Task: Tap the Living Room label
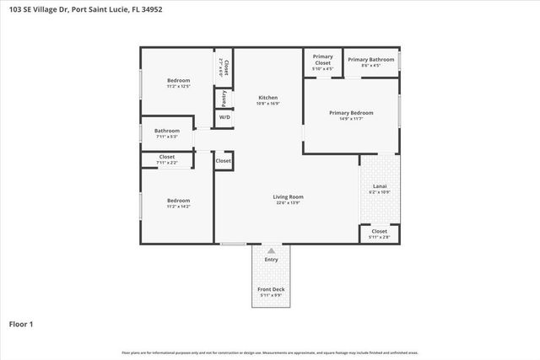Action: click(x=288, y=197)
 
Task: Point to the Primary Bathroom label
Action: click(x=370, y=59)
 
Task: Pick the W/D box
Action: click(x=224, y=117)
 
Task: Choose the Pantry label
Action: click(x=224, y=98)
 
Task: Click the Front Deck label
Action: click(x=271, y=289)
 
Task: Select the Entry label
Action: click(x=271, y=260)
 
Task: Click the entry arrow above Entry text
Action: click(x=271, y=250)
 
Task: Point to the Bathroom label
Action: click(x=166, y=131)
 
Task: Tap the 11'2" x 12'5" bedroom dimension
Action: click(x=178, y=86)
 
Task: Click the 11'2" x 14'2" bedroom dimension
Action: click(x=178, y=206)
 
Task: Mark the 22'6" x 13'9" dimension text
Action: click(x=288, y=203)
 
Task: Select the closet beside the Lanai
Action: click(x=379, y=234)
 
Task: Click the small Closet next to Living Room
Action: click(x=223, y=160)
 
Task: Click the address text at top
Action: click(x=83, y=11)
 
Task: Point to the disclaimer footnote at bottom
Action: click(x=270, y=352)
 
